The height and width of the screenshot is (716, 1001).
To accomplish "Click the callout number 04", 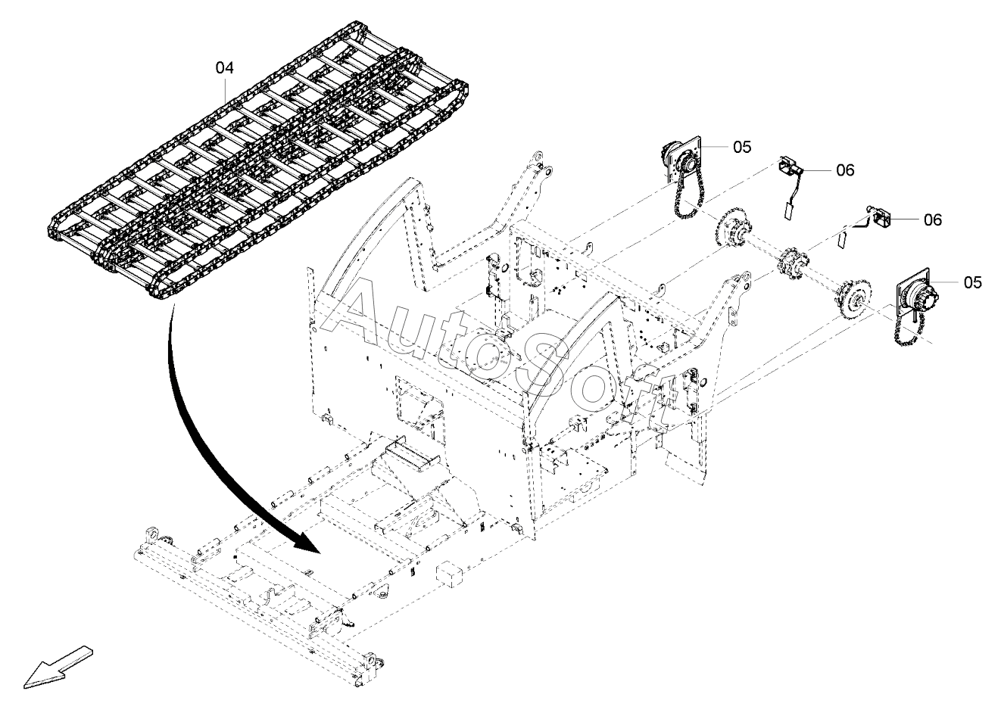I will (225, 67).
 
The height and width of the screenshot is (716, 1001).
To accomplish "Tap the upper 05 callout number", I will (742, 147).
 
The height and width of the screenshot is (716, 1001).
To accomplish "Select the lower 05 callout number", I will (972, 282).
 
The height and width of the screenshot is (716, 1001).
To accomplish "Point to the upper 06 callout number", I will (845, 170).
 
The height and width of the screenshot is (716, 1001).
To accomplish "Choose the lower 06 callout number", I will (933, 219).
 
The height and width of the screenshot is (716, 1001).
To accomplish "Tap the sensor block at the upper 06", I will (788, 166).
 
